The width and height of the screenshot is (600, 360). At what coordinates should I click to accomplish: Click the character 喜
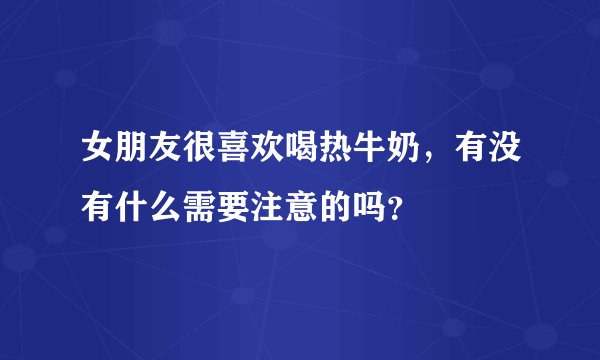[234, 153]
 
